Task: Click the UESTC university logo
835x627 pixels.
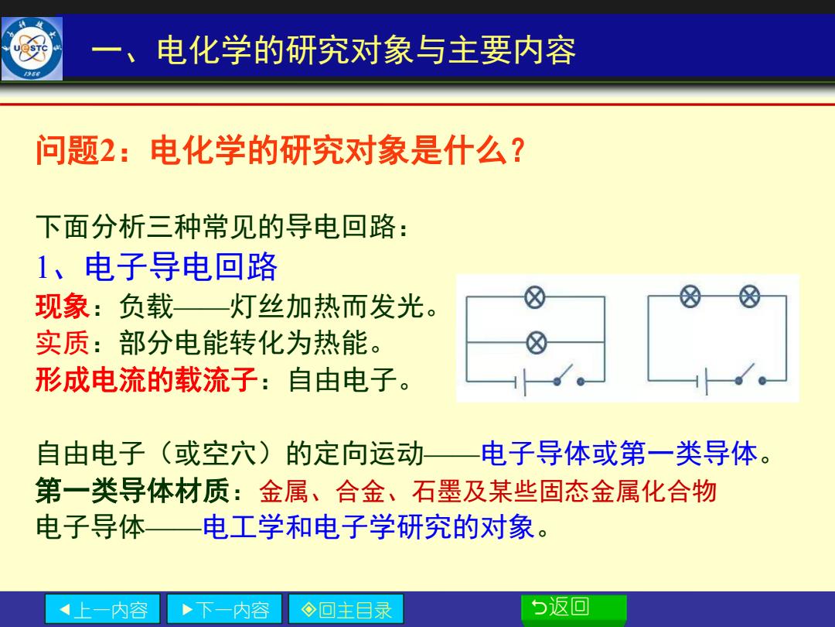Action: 32,49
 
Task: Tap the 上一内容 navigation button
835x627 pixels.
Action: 102,609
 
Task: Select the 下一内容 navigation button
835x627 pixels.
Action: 224,609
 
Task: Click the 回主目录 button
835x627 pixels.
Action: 346,609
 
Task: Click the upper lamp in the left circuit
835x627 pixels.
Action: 535,297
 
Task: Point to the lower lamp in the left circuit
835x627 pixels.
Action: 537,342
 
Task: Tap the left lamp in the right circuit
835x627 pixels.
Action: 690,296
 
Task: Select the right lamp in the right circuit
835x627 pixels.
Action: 749,296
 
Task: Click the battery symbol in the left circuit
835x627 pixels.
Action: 520,382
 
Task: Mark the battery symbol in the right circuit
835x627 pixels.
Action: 702,381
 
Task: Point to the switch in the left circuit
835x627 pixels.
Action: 569,375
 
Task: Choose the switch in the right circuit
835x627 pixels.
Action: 750,375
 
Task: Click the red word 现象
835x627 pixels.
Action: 62,307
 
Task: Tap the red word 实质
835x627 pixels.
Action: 62,343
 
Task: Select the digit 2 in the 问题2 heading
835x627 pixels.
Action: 107,151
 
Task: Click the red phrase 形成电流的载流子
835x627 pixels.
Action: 147,379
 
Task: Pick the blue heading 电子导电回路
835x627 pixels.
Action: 181,266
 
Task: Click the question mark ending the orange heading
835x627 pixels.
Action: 517,150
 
